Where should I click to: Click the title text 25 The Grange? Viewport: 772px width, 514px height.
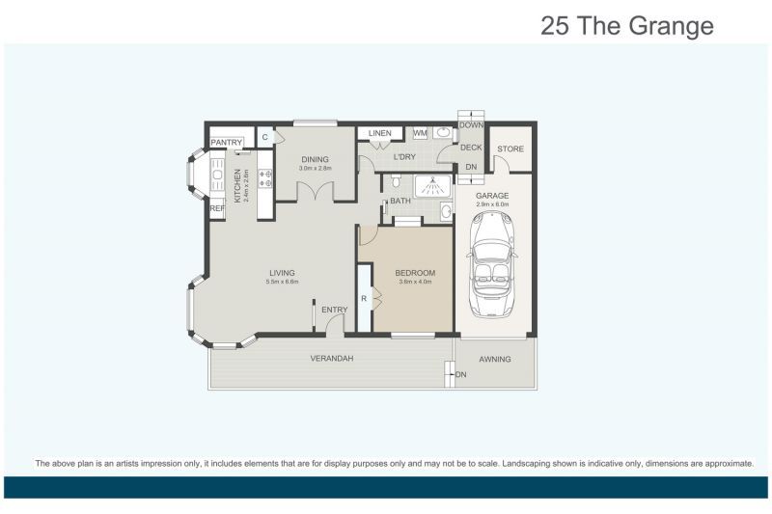627,25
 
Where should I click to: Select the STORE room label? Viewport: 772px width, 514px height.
510,149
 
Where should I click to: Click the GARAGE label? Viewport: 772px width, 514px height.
492,196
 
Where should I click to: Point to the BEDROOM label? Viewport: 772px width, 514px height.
414,273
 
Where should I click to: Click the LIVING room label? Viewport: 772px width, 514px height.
282,273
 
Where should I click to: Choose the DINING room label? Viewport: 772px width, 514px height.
315,159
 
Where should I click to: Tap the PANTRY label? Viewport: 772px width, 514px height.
228,143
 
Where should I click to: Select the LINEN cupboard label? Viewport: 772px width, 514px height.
379,133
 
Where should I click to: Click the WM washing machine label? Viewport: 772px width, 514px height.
420,133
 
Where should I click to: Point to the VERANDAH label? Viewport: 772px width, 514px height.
331,359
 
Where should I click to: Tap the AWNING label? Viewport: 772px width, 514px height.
495,360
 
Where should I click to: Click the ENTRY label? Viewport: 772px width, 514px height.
334,310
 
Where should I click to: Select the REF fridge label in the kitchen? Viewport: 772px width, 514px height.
217,208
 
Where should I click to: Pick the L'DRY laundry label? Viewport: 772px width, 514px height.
403,156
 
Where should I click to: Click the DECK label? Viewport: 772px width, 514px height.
470,148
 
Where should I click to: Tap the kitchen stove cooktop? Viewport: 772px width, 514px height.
264,179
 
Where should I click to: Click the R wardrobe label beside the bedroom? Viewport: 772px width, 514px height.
364,298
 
